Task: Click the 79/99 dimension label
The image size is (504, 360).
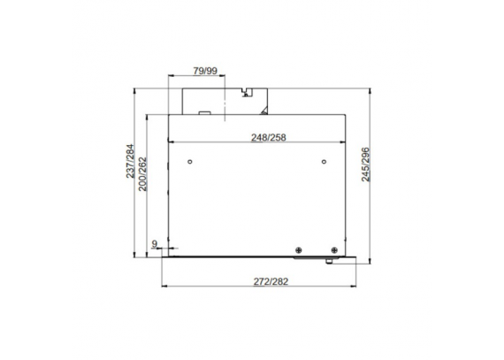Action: (205, 71)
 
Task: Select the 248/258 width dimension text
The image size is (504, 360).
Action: (269, 138)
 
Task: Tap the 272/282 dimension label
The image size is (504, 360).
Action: (271, 281)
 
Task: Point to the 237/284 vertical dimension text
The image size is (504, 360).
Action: (130, 161)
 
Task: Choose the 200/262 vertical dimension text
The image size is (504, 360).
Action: (142, 174)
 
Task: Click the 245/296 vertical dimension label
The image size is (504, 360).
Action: (366, 165)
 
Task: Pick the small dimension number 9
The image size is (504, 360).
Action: (154, 244)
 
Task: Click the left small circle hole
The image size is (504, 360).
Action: (190, 161)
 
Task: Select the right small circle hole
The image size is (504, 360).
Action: (324, 161)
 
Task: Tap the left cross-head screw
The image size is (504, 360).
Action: (299, 249)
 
